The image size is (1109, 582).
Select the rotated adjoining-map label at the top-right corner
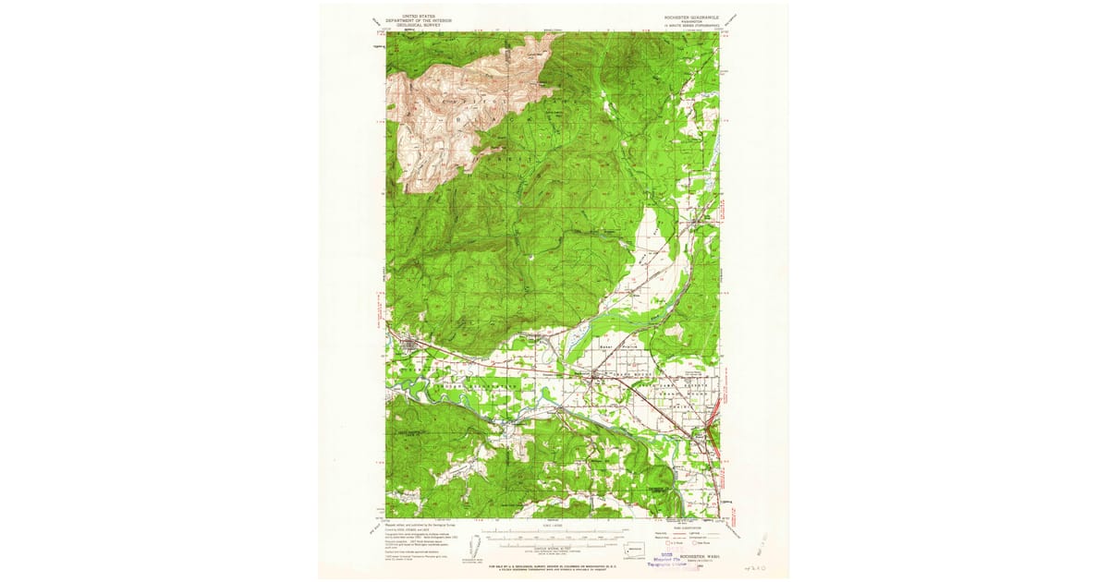tap(736, 18)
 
